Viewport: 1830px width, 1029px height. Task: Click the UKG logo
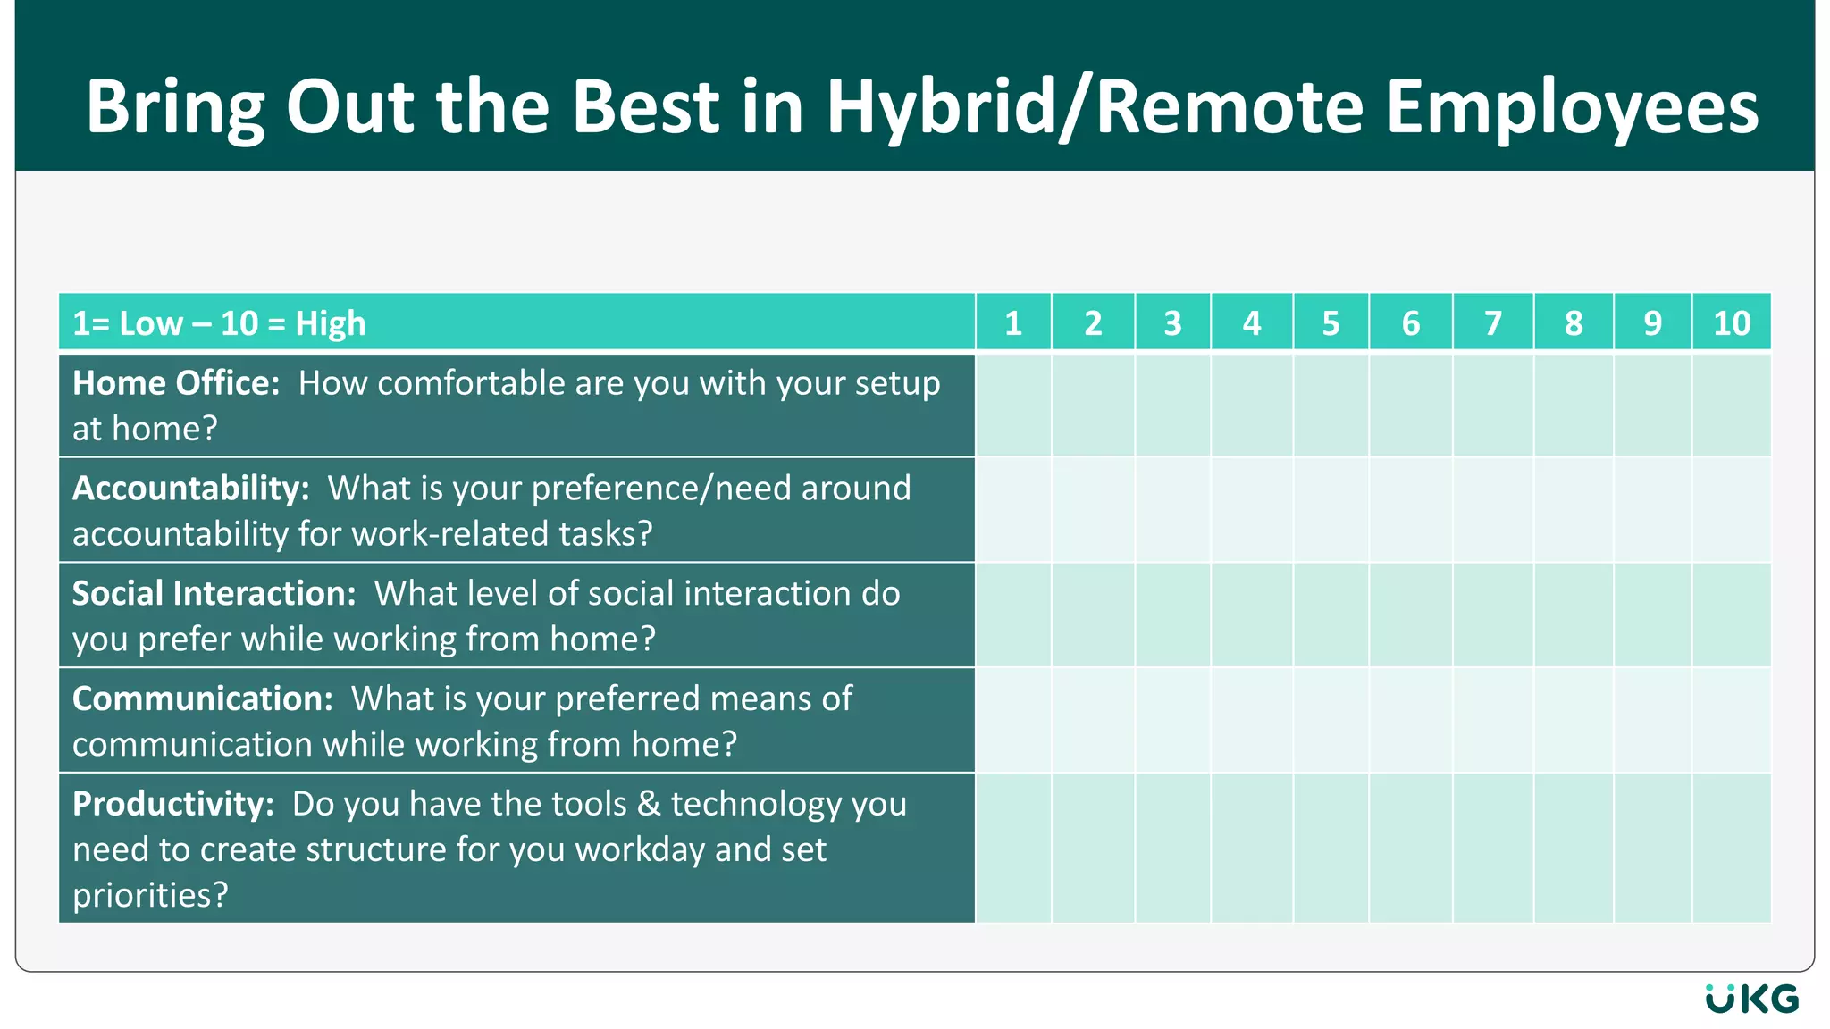[1751, 999]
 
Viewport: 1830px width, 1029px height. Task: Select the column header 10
[1731, 323]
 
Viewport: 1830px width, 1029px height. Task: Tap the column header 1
[1013, 323]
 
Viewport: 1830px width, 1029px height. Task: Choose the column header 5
[1331, 323]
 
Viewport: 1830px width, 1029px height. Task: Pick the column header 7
[1492, 323]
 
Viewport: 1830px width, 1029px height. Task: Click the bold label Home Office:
[176, 383]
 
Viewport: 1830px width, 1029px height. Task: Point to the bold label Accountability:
[190, 489]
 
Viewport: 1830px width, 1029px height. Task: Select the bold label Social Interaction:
[214, 594]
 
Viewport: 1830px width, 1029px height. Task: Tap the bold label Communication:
[202, 699]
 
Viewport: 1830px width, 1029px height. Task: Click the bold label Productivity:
[172, 805]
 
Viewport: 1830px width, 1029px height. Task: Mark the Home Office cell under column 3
[1172, 406]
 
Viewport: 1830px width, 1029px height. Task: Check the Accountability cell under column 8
[1573, 510]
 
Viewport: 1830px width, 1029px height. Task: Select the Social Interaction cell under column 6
[1410, 615]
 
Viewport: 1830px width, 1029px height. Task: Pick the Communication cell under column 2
[1093, 720]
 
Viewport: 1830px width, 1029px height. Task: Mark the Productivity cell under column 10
[1731, 848]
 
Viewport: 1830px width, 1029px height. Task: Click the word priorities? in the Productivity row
[150, 895]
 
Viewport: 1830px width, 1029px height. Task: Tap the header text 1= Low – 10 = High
[219, 323]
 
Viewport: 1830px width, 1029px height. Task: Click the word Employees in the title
[1572, 107]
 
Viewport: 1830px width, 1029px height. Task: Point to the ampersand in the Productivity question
[649, 804]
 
